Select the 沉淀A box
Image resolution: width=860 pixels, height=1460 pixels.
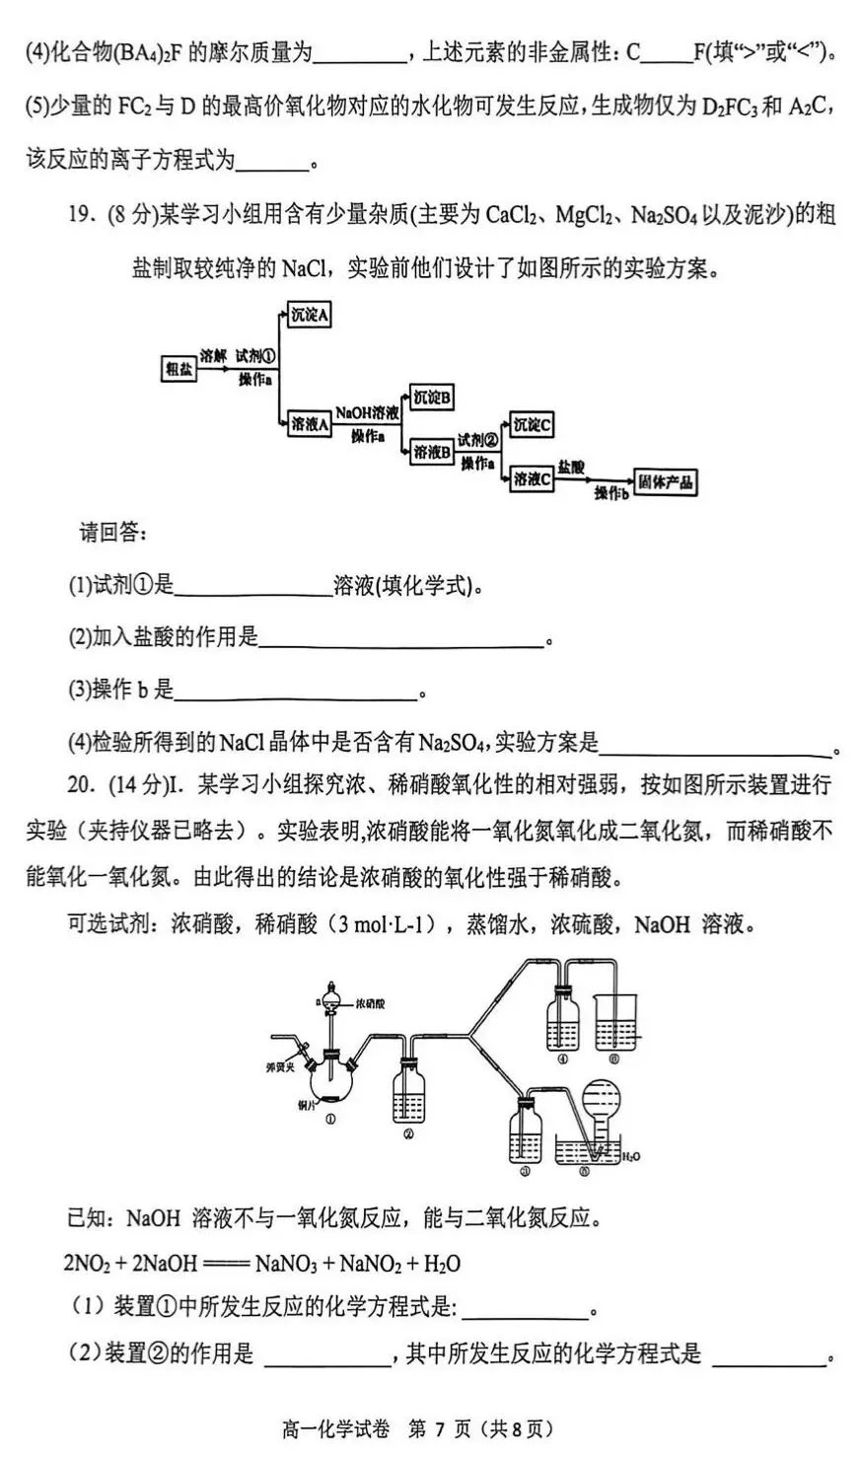click(309, 316)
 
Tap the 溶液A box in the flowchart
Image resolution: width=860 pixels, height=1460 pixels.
click(309, 423)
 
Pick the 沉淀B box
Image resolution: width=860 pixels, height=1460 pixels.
click(432, 397)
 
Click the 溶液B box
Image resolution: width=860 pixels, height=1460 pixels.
click(432, 452)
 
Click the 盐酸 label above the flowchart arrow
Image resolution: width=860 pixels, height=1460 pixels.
click(571, 466)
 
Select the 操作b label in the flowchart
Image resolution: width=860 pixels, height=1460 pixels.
click(611, 493)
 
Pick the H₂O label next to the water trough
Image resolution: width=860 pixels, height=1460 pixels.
click(632, 1155)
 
